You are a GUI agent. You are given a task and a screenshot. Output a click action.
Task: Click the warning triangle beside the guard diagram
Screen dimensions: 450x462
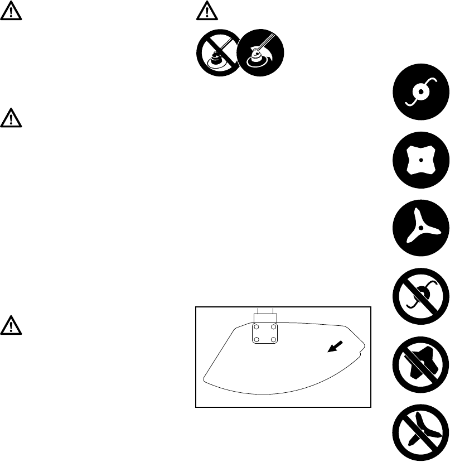pos(11,325)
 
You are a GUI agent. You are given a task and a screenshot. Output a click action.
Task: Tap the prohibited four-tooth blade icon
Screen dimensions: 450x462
pos(420,363)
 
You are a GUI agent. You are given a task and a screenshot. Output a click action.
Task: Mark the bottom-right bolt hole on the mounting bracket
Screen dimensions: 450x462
pos(273,339)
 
